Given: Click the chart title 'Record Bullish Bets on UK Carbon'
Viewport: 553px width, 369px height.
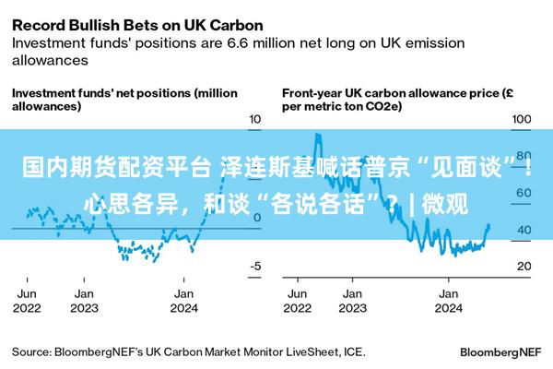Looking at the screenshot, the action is click(x=137, y=26).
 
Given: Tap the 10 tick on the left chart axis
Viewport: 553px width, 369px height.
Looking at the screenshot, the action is click(x=254, y=119).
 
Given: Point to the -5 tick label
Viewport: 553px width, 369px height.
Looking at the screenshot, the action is click(x=255, y=266).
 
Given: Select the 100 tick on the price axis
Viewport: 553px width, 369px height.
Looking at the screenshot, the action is click(x=522, y=119).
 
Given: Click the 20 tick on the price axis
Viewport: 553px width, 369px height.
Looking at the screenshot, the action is click(x=524, y=266).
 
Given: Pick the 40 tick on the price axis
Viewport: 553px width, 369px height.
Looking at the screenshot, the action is click(x=524, y=230).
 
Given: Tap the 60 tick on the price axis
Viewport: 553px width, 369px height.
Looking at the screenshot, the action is click(x=524, y=193).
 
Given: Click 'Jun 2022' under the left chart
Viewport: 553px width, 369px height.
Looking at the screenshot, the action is click(x=27, y=301).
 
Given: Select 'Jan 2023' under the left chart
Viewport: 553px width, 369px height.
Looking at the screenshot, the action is click(x=84, y=301).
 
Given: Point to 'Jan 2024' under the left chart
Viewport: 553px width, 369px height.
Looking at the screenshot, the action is click(x=184, y=301).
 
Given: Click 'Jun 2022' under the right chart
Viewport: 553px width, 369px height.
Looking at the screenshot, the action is click(x=298, y=301).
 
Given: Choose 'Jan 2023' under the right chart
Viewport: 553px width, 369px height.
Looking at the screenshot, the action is click(x=353, y=301).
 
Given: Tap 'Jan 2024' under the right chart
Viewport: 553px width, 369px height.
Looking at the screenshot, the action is click(x=449, y=301).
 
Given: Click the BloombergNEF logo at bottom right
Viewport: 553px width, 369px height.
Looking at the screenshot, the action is click(x=500, y=352).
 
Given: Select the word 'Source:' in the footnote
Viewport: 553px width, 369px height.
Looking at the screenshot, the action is click(x=31, y=352).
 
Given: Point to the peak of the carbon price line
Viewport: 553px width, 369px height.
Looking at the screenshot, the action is click(x=318, y=134).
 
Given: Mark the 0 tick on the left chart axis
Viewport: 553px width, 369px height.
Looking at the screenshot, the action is click(x=257, y=218).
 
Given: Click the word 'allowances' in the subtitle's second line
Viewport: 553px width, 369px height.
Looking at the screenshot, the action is click(x=50, y=60).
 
